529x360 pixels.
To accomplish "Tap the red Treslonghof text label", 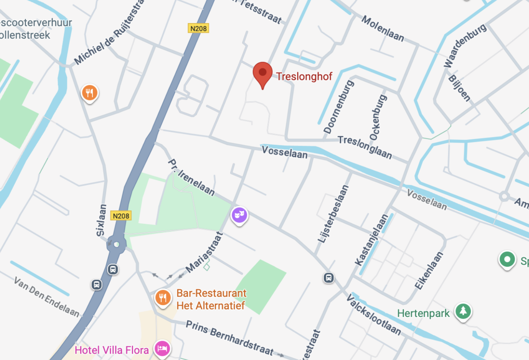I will (304, 77).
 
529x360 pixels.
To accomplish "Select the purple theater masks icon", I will (239, 215).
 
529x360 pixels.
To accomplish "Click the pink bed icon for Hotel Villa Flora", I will (162, 348).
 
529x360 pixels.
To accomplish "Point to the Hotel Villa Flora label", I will (112, 350).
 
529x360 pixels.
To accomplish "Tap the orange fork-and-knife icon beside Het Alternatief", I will (163, 298).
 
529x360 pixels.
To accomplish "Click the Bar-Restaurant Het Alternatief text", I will (211, 299).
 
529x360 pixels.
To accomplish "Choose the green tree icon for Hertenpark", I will (463, 311).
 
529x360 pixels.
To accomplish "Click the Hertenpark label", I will (423, 314).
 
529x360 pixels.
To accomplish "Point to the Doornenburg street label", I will (338, 107).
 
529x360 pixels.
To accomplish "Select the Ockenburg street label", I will (378, 117).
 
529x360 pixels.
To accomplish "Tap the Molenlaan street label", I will (383, 28).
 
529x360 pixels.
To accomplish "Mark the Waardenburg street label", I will (465, 45).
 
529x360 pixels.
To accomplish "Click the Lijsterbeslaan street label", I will (333, 214).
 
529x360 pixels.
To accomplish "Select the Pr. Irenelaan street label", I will (191, 178).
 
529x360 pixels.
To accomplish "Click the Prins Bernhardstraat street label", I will (229, 337).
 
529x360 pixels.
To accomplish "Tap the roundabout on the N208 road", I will (117, 244).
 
